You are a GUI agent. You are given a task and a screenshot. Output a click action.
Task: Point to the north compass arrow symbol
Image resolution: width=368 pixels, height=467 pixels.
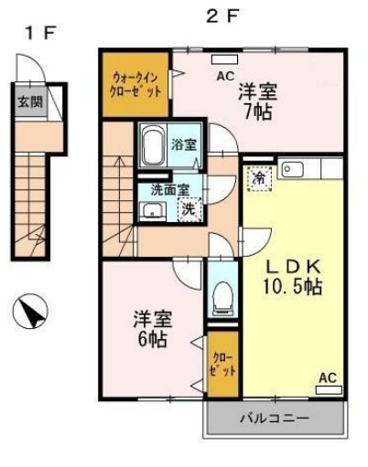click(29, 313)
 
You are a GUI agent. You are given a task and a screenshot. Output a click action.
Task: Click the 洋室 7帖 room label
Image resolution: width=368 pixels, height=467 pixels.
click(259, 101)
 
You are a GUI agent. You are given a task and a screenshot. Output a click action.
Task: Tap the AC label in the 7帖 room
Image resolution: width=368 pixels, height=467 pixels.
click(225, 77)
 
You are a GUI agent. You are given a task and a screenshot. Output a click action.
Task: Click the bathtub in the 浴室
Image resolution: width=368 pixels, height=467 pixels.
click(154, 144)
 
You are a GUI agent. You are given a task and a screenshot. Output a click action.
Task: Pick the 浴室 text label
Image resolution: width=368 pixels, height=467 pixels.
click(184, 144)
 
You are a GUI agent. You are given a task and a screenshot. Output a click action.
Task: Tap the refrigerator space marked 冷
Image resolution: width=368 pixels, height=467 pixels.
click(261, 177)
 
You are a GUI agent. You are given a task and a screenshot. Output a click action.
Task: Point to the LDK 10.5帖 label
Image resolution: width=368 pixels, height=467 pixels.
click(293, 276)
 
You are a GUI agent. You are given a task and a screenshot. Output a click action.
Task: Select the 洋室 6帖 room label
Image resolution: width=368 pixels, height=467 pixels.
click(152, 330)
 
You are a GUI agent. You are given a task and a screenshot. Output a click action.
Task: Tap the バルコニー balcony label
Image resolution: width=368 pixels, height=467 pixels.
click(275, 419)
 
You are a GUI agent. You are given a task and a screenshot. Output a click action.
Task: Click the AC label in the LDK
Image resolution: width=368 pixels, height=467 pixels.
click(328, 377)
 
